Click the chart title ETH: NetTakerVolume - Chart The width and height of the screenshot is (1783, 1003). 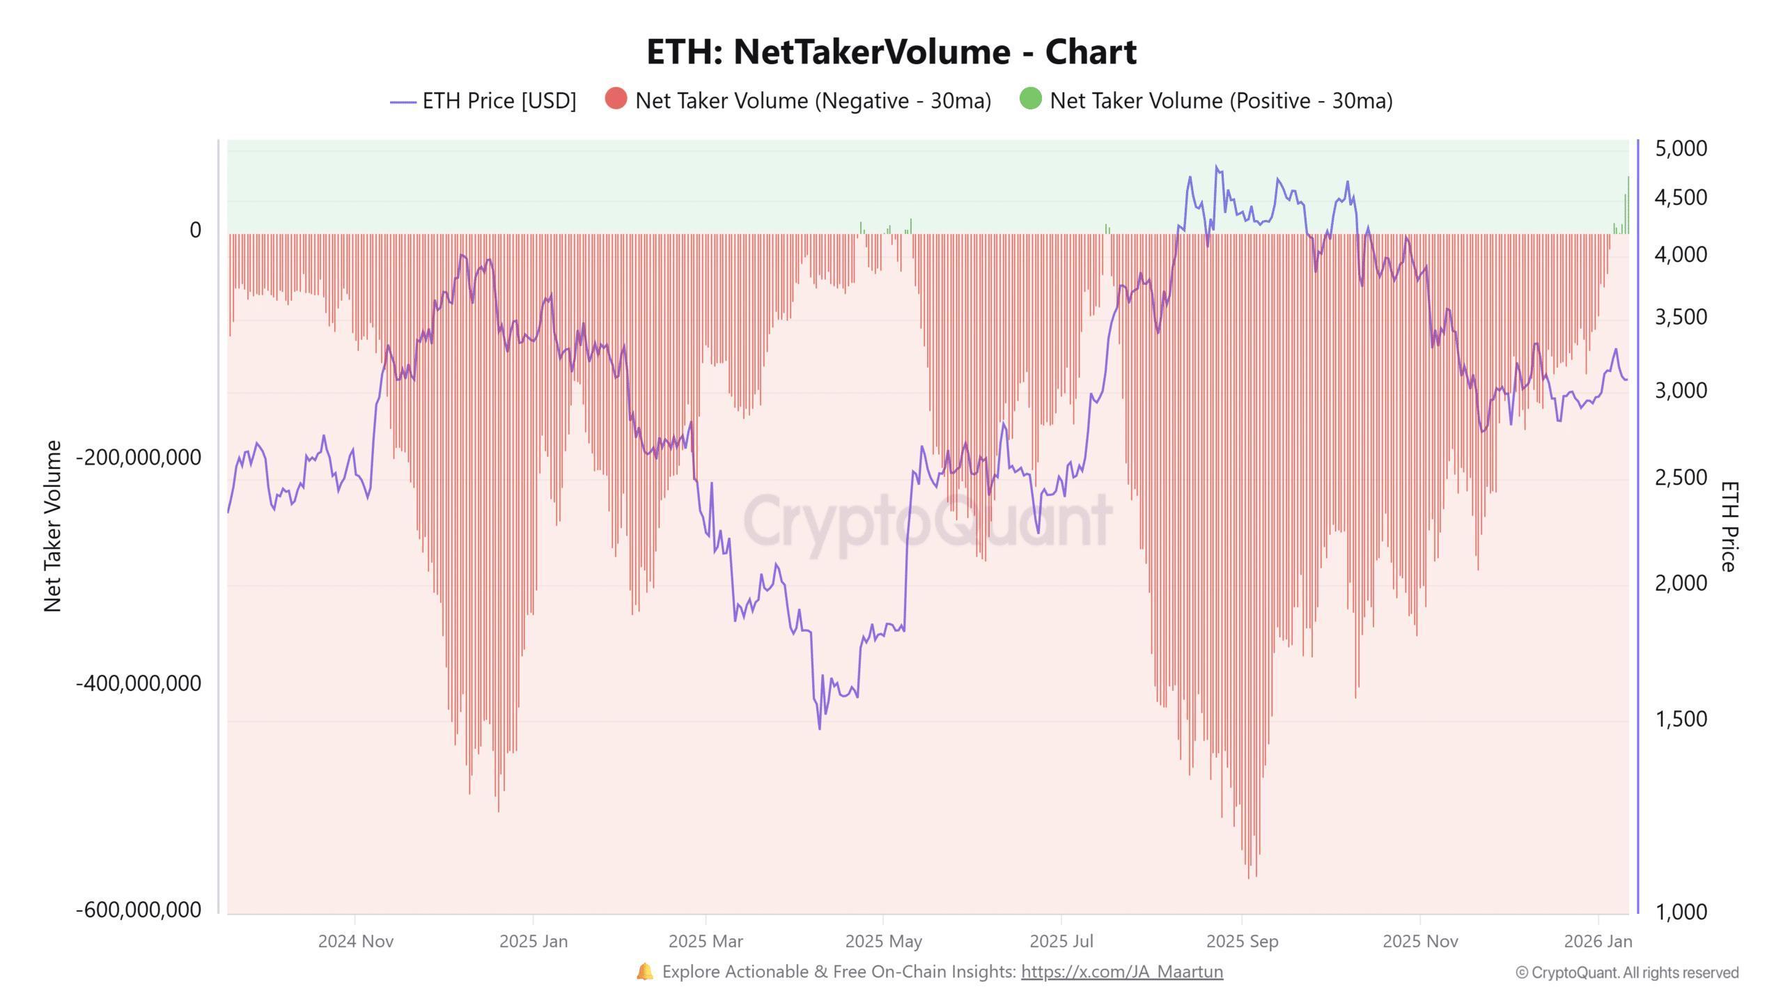(x=891, y=52)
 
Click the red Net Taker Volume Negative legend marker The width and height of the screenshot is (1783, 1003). (x=616, y=99)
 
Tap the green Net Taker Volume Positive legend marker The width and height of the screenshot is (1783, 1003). (x=1030, y=99)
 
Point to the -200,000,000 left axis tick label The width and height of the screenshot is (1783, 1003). (x=139, y=458)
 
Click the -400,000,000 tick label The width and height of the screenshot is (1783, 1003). (x=139, y=683)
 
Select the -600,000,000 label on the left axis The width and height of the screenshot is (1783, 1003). (x=139, y=910)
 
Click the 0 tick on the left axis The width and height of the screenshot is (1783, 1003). (x=195, y=230)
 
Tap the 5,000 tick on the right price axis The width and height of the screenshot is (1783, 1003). (x=1681, y=148)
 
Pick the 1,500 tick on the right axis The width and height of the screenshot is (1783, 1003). (x=1681, y=719)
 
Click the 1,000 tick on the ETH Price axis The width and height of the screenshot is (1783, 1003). (x=1681, y=911)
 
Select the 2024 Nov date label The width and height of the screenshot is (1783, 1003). (x=355, y=942)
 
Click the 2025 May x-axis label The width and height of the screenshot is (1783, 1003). (x=883, y=942)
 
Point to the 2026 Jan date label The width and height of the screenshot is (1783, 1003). (x=1598, y=942)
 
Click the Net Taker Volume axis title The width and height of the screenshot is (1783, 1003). (x=53, y=527)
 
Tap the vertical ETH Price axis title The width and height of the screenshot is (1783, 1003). (x=1729, y=527)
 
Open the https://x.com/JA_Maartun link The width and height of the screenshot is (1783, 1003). (x=1121, y=972)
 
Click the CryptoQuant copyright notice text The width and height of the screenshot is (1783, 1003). (x=1627, y=973)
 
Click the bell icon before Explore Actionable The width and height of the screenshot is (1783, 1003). (x=644, y=972)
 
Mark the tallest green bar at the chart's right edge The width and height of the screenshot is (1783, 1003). (x=1628, y=205)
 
